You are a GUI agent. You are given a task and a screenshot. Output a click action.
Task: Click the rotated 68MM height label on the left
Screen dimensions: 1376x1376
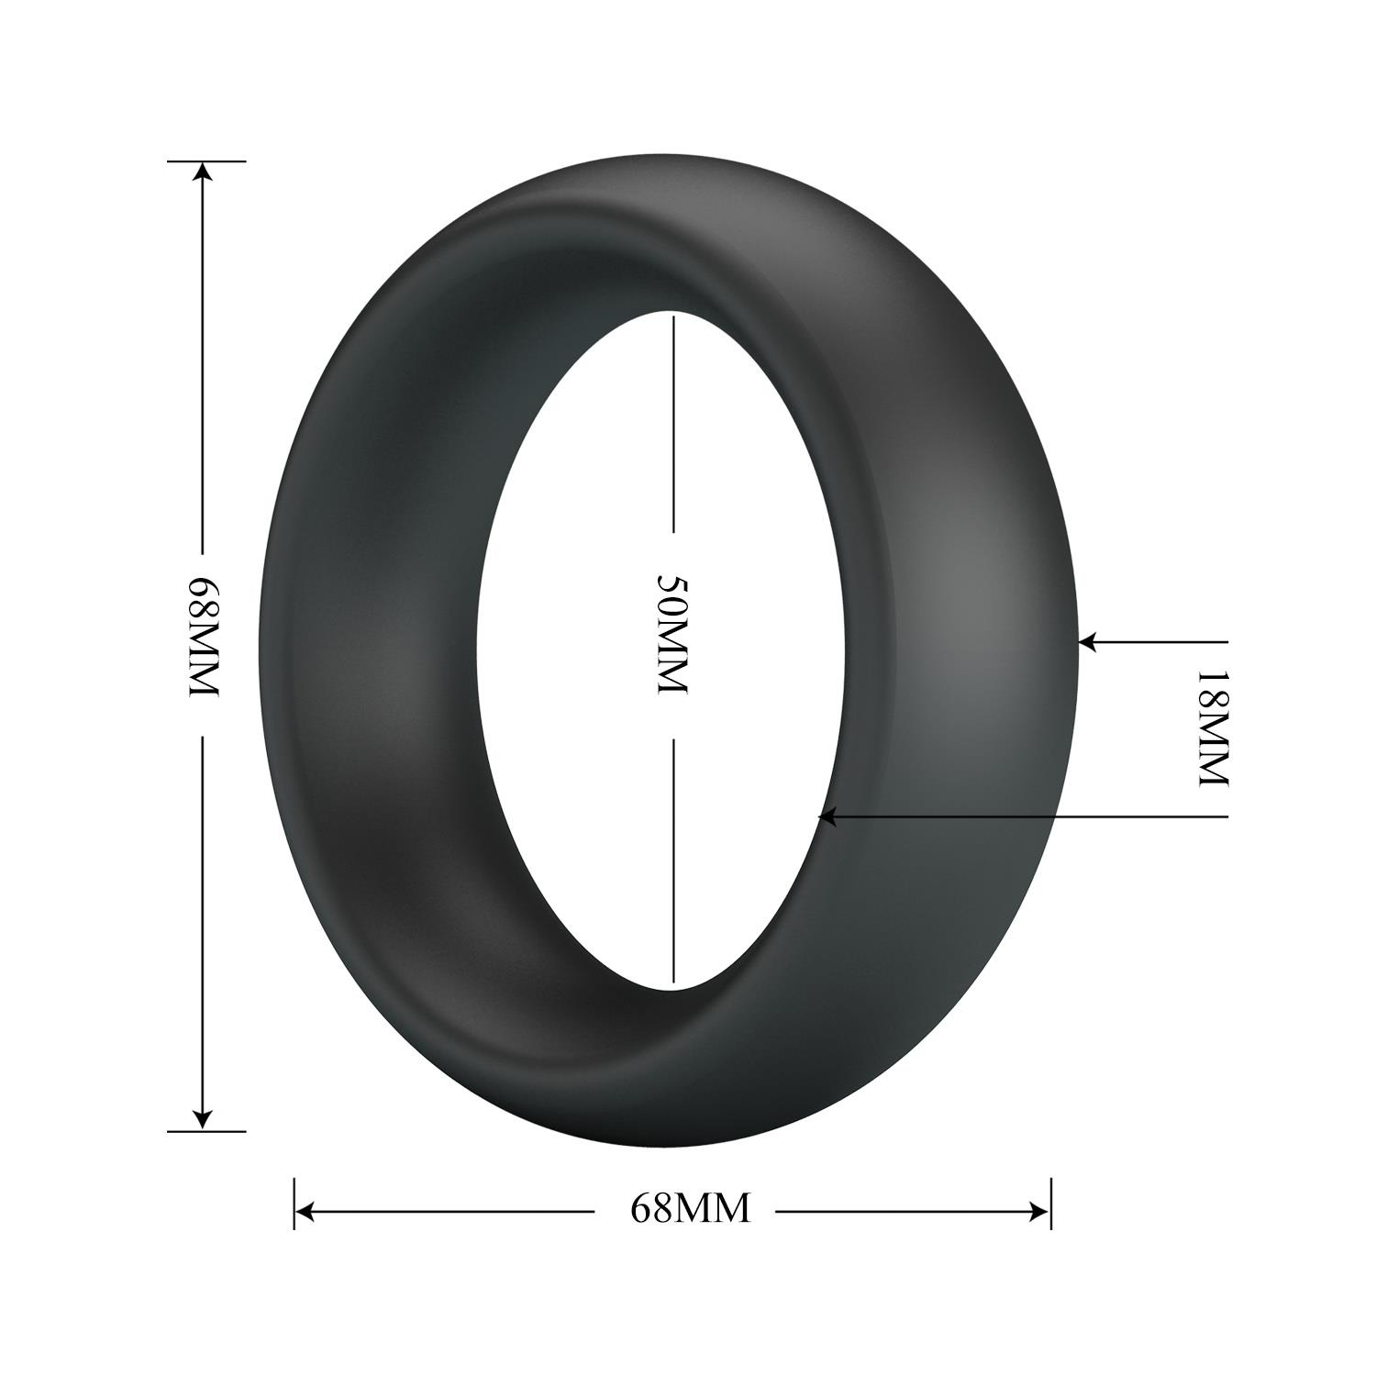click(204, 637)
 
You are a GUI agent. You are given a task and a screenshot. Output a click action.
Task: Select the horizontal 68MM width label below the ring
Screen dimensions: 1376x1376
click(690, 1209)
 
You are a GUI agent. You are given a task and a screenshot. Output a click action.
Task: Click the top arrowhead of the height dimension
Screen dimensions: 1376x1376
click(204, 174)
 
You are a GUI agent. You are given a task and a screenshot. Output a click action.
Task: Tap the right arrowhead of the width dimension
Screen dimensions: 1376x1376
click(1038, 1212)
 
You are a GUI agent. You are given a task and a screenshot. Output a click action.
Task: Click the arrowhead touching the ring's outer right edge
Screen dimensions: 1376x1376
click(1088, 642)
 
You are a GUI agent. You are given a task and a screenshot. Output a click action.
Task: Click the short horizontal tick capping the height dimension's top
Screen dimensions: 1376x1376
click(206, 161)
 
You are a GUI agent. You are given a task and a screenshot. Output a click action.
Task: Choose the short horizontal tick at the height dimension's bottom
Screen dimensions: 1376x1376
click(206, 1131)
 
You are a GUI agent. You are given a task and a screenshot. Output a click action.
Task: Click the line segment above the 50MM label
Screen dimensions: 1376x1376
click(673, 422)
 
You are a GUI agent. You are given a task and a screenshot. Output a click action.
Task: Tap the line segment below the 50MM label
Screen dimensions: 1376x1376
click(673, 862)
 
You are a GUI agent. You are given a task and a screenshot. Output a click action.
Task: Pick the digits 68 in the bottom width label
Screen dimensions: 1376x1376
click(649, 1209)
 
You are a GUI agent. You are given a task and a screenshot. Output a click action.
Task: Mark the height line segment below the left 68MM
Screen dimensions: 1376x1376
click(204, 917)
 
